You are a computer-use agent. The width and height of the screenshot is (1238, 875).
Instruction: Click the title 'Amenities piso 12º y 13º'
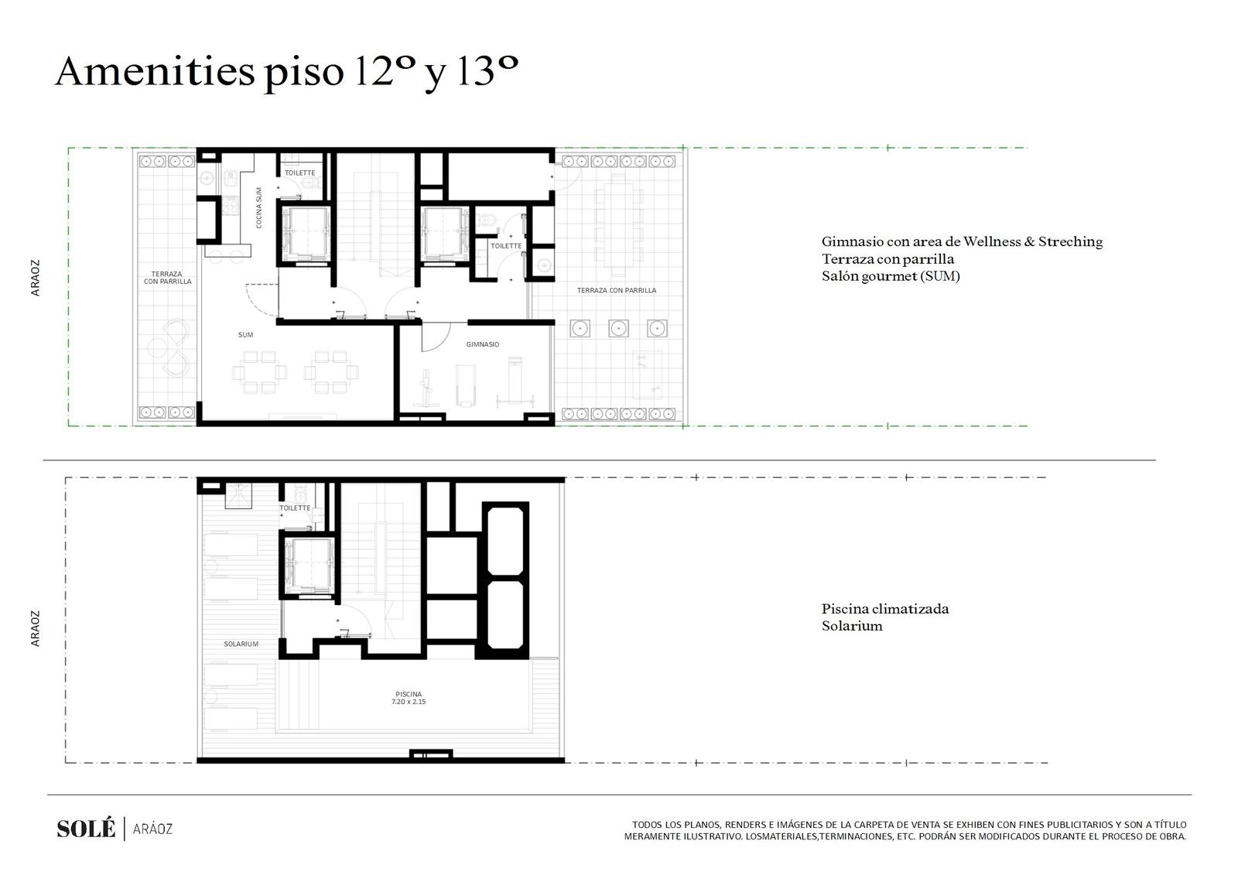point(287,72)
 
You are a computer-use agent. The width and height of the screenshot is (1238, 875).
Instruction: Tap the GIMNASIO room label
point(483,344)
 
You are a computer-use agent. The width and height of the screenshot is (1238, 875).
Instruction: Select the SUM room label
point(245,335)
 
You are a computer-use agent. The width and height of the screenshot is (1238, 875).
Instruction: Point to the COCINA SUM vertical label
point(258,208)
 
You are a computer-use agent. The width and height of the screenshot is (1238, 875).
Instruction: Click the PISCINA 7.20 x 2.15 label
point(409,698)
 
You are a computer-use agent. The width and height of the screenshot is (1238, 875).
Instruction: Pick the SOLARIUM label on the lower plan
point(241,644)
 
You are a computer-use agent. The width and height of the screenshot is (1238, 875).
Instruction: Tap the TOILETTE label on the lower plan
point(295,508)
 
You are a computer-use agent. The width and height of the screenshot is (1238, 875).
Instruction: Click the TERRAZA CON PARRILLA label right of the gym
point(617,290)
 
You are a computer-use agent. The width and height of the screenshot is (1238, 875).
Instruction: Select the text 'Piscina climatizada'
point(885,609)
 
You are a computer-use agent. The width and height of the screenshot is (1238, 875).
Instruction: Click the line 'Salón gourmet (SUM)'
point(891,276)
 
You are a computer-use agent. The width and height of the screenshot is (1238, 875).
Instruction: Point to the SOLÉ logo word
point(86,829)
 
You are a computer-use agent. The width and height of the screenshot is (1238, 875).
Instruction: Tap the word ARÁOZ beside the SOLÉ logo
point(152,829)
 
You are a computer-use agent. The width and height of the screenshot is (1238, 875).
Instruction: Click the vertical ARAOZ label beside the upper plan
point(36,278)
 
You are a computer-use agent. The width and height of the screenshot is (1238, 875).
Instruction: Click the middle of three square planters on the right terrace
point(618,328)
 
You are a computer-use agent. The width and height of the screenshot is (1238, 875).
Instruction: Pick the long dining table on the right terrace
point(618,224)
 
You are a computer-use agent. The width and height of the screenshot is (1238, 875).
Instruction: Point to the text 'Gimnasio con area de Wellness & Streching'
point(963,241)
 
